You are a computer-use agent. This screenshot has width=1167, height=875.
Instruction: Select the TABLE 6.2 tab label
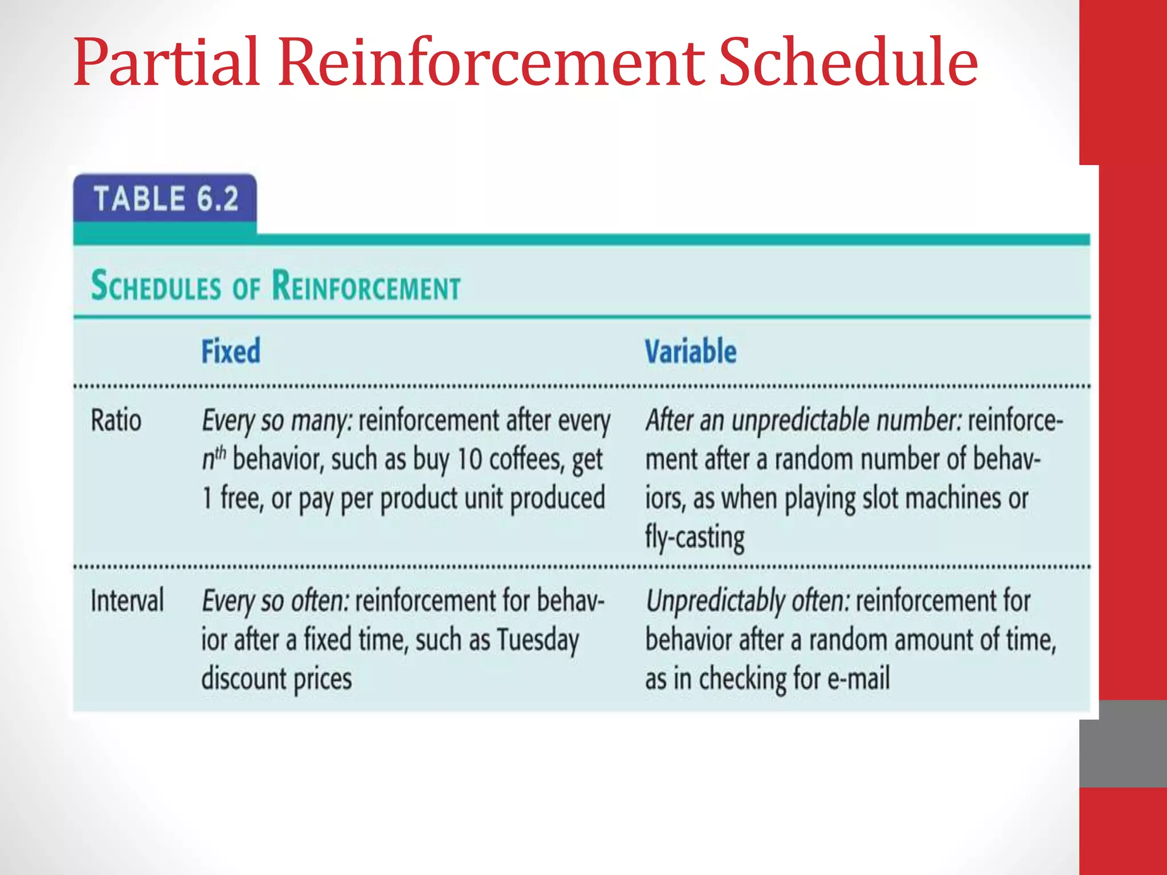(x=166, y=199)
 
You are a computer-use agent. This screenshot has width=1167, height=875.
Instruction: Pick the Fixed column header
(x=231, y=351)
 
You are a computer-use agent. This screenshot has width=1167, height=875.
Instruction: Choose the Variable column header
(x=690, y=351)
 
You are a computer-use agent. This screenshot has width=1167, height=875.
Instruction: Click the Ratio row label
(x=116, y=421)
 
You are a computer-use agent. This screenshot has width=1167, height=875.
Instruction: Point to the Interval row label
(x=127, y=601)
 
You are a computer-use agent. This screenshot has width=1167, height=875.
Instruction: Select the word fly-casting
(x=695, y=537)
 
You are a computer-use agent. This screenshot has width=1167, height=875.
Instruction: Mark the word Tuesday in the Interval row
(x=537, y=640)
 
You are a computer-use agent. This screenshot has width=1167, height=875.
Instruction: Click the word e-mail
(x=858, y=679)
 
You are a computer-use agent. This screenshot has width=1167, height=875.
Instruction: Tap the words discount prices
(x=276, y=679)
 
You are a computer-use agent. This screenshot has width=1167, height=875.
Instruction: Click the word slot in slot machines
(x=883, y=498)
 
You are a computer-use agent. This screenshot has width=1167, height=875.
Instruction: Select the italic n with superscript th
(x=214, y=459)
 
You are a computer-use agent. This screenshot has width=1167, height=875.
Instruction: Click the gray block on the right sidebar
(x=1123, y=744)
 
